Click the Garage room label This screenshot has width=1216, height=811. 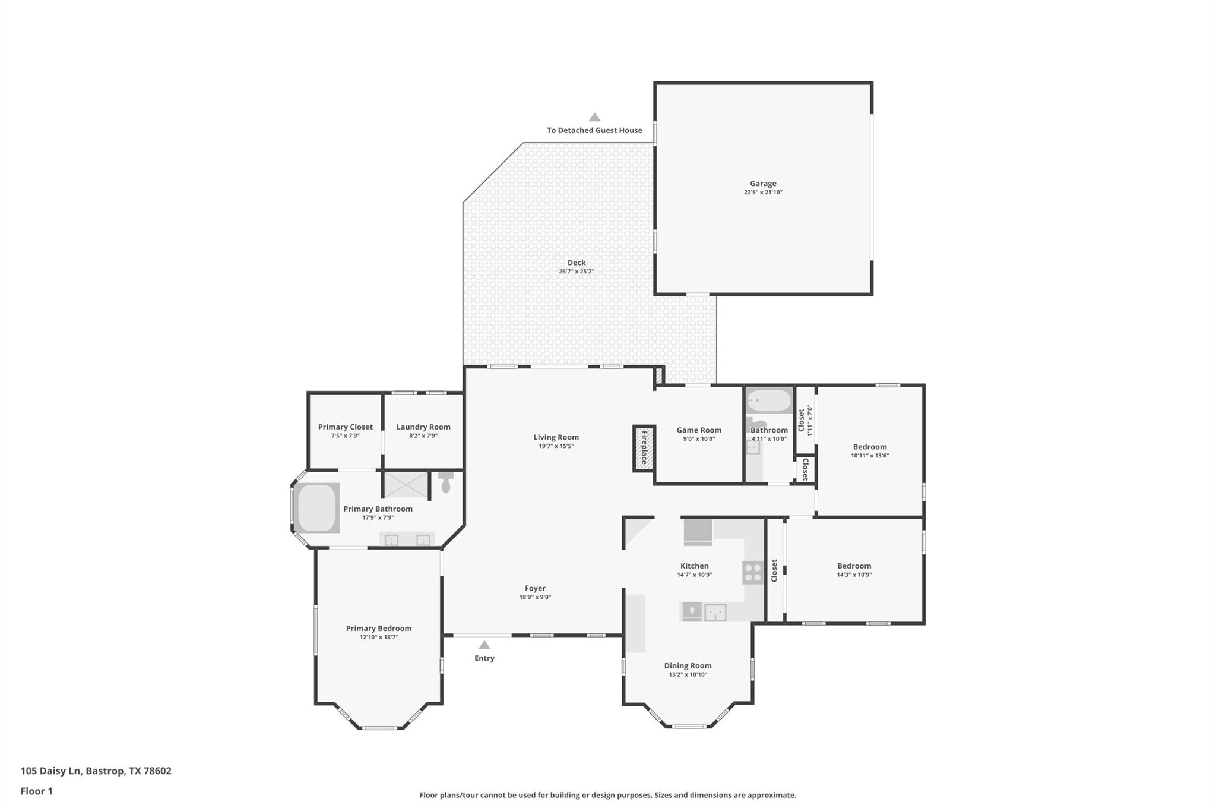point(762,184)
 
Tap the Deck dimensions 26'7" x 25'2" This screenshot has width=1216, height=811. point(576,272)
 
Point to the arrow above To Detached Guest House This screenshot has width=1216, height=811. point(594,117)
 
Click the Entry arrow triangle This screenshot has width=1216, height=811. point(484,645)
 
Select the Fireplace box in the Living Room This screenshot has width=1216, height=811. point(644,449)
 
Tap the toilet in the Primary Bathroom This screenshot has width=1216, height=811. point(446,482)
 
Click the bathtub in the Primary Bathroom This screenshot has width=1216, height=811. point(317,508)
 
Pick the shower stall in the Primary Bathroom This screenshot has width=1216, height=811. point(406,484)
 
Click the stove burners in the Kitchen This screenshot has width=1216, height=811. point(753,573)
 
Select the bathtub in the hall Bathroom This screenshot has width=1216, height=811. point(769,400)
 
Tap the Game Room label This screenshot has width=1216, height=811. point(699,430)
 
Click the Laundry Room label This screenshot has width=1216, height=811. point(423,427)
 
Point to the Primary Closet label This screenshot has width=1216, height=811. point(345,427)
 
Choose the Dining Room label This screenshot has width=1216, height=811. point(688,665)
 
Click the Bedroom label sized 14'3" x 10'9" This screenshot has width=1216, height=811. point(854,566)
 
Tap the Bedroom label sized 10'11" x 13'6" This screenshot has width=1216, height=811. point(869,447)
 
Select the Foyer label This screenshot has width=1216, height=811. point(534,588)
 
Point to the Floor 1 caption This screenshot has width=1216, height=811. point(36,791)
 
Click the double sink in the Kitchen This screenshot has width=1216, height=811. point(715,611)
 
